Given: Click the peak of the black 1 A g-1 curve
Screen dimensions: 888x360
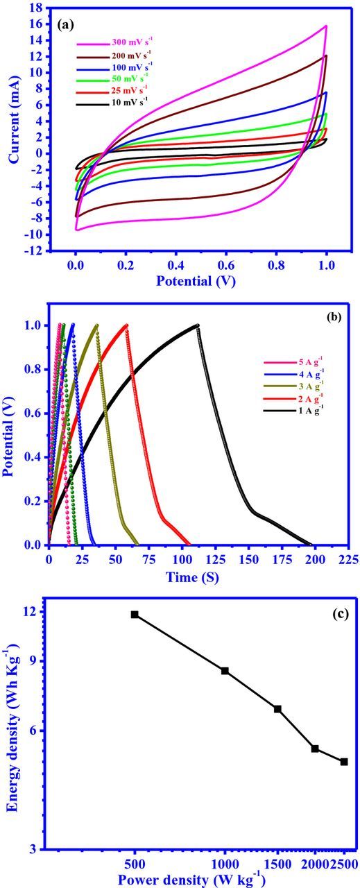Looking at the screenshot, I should click(198, 325).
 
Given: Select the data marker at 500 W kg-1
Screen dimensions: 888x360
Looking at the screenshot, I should click(135, 615).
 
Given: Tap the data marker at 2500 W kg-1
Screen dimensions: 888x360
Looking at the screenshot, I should click(343, 762).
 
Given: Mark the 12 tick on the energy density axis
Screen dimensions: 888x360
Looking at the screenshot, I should click(31, 612).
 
